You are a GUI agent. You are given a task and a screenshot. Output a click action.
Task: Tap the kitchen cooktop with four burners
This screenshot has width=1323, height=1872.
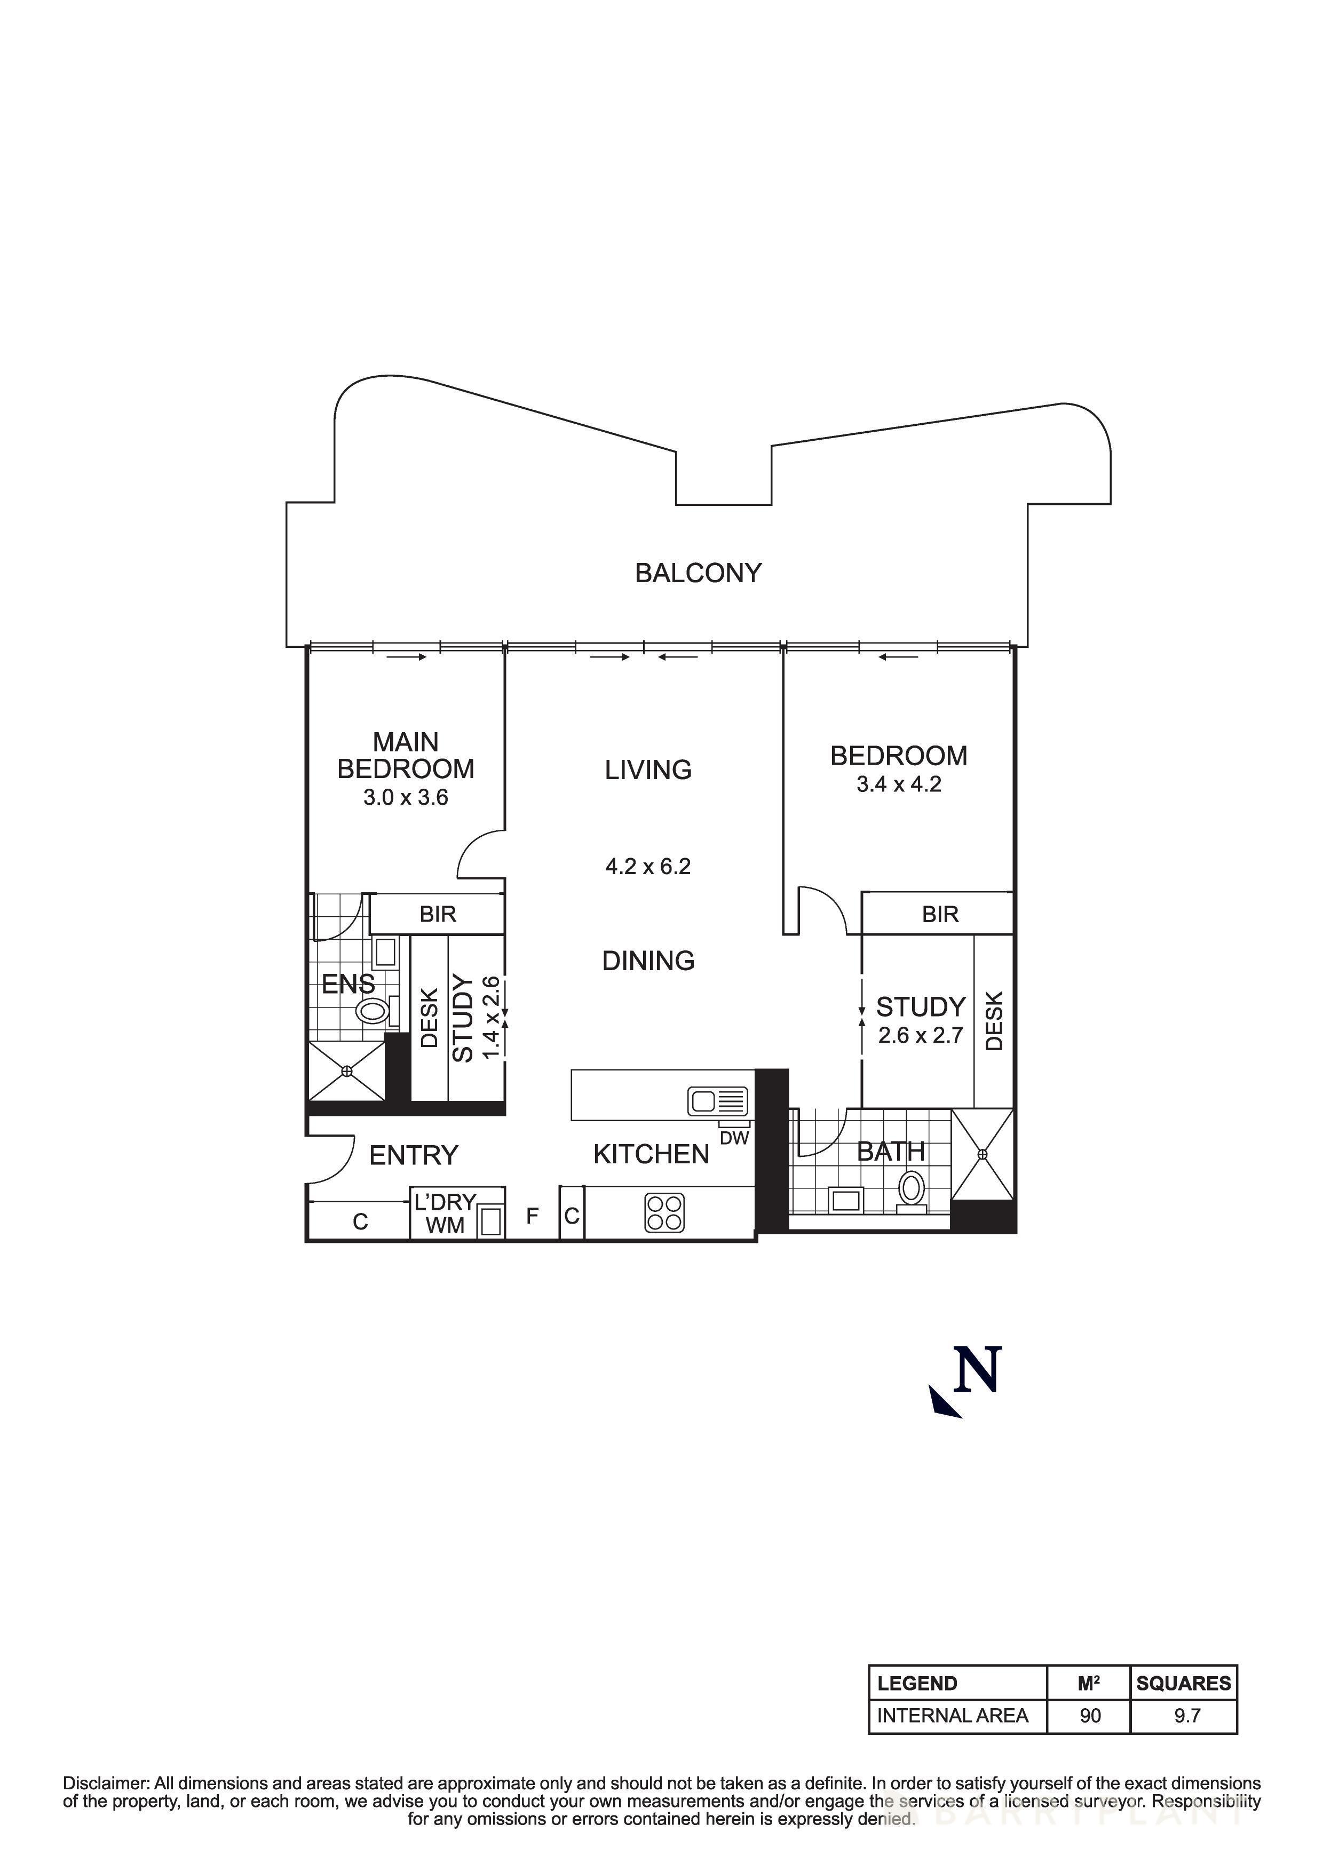point(664,1212)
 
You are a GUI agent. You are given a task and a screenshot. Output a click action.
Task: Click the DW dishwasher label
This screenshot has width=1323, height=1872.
point(734,1138)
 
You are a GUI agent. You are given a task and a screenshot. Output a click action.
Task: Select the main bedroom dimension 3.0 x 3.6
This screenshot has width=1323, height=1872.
point(405,797)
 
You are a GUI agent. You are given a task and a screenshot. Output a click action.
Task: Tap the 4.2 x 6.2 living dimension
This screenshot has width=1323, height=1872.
point(648,866)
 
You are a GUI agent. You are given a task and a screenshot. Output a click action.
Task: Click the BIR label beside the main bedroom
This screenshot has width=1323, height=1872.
point(438,915)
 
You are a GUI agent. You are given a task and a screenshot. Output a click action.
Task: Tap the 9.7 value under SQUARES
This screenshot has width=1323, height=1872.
point(1187,1716)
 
